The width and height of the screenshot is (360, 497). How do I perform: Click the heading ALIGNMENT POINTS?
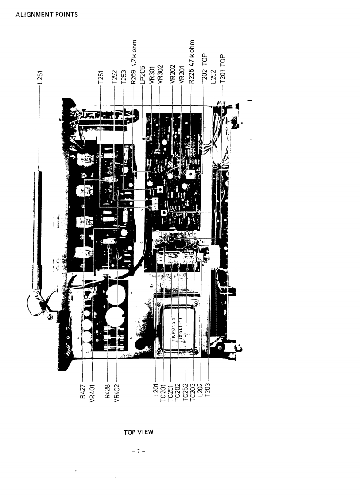click(x=46, y=15)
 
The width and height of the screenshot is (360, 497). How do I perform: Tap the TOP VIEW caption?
click(x=138, y=432)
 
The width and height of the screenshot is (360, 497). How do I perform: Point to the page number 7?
click(x=138, y=451)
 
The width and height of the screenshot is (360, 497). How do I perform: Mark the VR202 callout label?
click(x=173, y=74)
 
